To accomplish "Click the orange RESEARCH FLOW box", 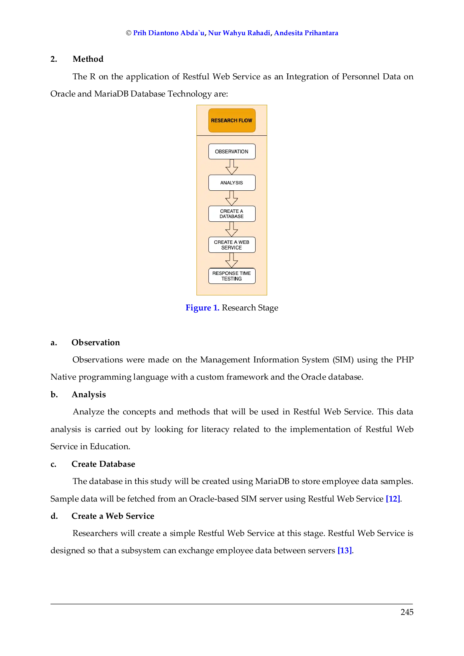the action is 232,120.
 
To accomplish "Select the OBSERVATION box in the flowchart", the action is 232,151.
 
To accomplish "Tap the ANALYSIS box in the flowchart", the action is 232,183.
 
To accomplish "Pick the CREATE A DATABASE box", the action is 232,214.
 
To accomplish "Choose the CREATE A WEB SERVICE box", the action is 232,245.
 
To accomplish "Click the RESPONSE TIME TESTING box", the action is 232,276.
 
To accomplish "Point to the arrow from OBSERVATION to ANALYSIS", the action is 232,167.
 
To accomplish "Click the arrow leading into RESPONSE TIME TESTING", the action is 232,260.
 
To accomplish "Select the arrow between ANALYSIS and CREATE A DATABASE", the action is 232,198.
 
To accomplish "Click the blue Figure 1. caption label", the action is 202,308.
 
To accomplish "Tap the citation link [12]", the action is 393,499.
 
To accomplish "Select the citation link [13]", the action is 345,551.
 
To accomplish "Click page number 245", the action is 407,612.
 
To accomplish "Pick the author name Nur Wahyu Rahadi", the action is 239,33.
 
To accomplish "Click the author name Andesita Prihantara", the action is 306,33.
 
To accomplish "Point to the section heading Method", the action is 88,59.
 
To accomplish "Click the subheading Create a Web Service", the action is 113,516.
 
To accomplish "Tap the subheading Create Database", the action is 103,464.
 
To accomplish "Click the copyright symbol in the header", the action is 129,33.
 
